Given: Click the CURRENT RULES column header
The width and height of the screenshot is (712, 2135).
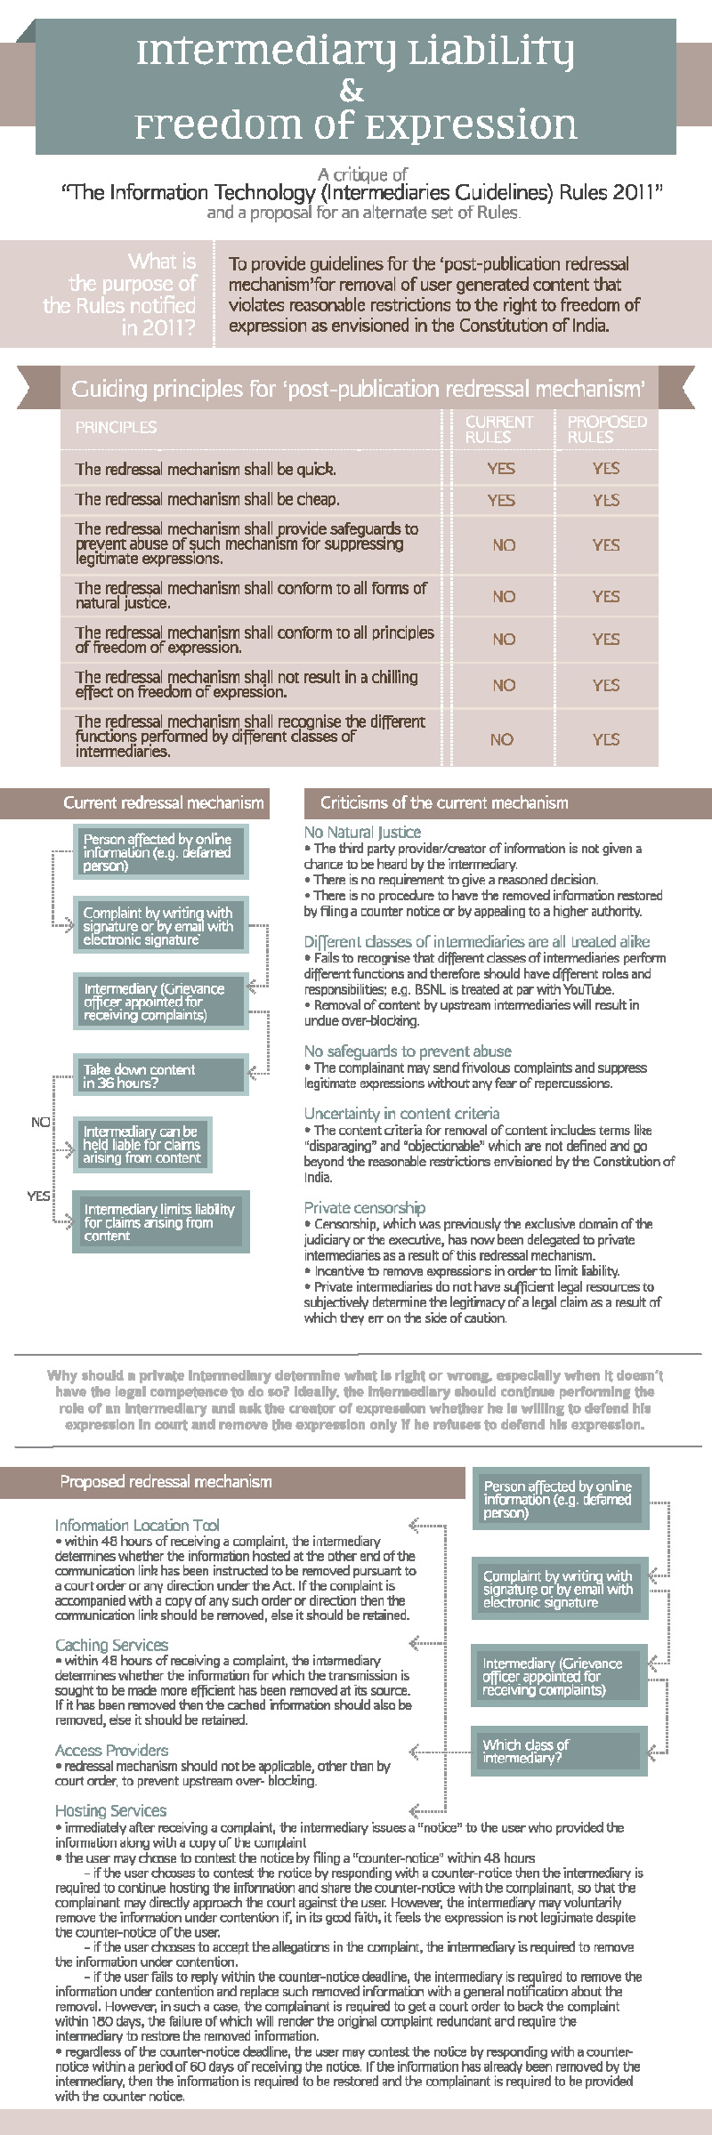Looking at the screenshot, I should click(x=499, y=429).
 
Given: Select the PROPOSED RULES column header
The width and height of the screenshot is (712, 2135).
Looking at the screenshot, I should click(x=607, y=429).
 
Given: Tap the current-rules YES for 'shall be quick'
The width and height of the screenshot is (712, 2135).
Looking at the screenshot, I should click(x=501, y=469).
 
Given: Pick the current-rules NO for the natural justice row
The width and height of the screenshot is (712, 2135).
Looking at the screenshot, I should click(x=504, y=596).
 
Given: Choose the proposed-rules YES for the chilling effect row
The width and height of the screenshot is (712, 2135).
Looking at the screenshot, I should click(x=606, y=685).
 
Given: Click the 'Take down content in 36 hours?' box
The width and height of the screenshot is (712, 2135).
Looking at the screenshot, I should click(x=159, y=1076).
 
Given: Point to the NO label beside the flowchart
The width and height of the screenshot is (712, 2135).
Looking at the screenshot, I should click(x=40, y=1123).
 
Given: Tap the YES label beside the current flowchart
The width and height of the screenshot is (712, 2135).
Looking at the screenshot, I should click(x=38, y=1196).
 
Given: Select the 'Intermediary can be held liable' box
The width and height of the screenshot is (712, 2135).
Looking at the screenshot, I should click(x=142, y=1145).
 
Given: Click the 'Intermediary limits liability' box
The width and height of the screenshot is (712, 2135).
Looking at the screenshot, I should click(x=160, y=1222).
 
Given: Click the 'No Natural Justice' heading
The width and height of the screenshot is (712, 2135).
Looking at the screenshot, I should click(x=362, y=832).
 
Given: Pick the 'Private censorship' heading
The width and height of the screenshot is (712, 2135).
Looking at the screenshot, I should click(x=364, y=1207).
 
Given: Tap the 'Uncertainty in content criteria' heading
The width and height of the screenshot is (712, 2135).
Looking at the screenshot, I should click(x=401, y=1113).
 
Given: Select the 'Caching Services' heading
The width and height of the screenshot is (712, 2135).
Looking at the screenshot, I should click(x=111, y=1645).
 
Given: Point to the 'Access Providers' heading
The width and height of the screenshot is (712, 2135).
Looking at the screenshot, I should click(x=111, y=1750).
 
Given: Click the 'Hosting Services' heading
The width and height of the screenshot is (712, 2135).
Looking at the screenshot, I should click(x=110, y=1810).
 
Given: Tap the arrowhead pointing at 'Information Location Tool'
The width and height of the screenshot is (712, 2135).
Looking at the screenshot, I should click(x=415, y=1526).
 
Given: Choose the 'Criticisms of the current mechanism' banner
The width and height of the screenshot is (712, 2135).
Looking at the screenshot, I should click(x=443, y=803).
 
